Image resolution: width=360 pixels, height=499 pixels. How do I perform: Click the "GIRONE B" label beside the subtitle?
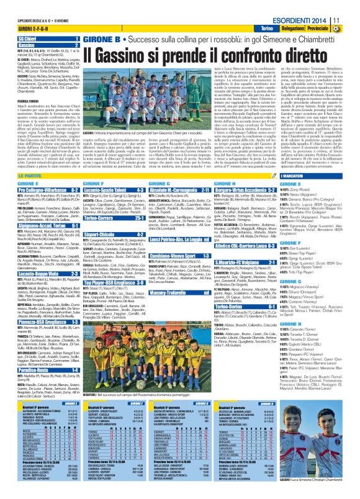[x=101, y=39]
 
